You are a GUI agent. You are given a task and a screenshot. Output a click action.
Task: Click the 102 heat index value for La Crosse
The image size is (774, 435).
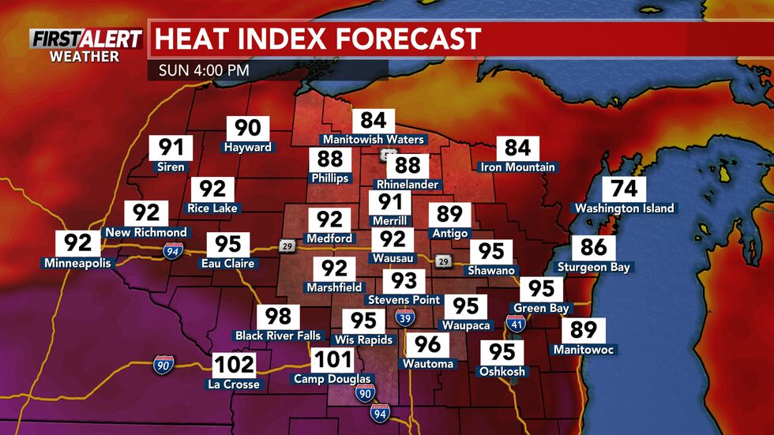point(234,365)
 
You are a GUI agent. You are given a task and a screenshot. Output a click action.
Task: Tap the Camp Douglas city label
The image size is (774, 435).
point(333,379)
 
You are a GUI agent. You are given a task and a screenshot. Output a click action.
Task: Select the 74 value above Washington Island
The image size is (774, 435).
point(625,189)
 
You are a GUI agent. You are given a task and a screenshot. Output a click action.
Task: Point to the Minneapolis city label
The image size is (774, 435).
point(77,263)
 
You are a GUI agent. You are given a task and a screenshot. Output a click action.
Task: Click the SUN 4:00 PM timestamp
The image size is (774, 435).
point(204,69)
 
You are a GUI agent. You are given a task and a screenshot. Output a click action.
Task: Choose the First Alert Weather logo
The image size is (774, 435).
point(86,44)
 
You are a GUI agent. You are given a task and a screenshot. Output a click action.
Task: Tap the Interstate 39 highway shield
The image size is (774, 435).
point(403,317)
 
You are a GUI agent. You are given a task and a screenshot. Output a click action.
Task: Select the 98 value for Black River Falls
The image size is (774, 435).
point(278,317)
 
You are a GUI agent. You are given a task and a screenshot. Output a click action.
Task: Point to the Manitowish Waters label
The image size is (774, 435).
point(373,140)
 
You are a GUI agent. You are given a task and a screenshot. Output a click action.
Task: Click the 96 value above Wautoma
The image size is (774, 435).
point(427,344)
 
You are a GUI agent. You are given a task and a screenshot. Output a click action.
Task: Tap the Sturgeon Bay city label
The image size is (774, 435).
point(594,267)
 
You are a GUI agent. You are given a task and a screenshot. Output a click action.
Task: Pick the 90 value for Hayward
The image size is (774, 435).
point(248,128)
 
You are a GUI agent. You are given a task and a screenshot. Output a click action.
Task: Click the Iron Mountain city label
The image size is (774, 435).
point(518,167)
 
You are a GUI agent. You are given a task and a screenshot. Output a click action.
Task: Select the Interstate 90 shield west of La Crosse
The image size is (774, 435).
point(163,365)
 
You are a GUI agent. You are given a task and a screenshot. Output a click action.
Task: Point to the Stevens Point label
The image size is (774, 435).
point(404,300)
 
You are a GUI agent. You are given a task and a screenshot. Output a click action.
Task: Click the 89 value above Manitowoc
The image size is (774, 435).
point(584,330)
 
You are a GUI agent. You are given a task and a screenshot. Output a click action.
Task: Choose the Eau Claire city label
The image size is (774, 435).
point(228,263)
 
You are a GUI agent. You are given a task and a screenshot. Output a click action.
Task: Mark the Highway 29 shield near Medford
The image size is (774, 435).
point(286,247)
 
